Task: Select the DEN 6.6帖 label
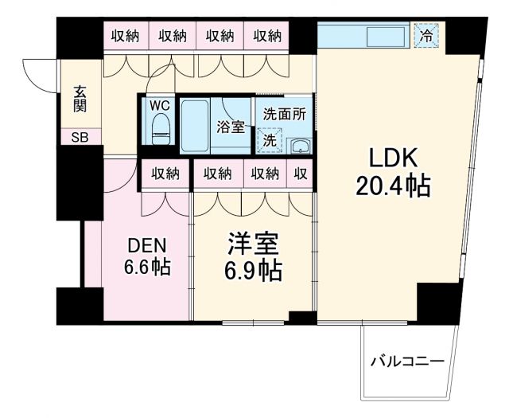pyautogui.click(x=146, y=256)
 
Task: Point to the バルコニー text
pyautogui.click(x=407, y=362)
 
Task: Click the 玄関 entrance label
pyautogui.click(x=81, y=98)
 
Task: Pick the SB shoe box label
pyautogui.click(x=81, y=137)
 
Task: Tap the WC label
pyautogui.click(x=160, y=105)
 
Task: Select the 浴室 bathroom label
pyautogui.click(x=231, y=126)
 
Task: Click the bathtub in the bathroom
pyautogui.click(x=195, y=126)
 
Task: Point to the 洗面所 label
pyautogui.click(x=284, y=114)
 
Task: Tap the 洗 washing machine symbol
pyautogui.click(x=270, y=139)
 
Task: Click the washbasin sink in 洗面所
pyautogui.click(x=298, y=145)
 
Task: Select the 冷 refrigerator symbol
pyautogui.click(x=427, y=35)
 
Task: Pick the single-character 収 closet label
pyautogui.click(x=301, y=174)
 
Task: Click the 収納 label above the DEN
pyautogui.click(x=165, y=174)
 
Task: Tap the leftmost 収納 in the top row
pyautogui.click(x=125, y=35)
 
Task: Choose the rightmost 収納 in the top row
pyautogui.click(x=267, y=35)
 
